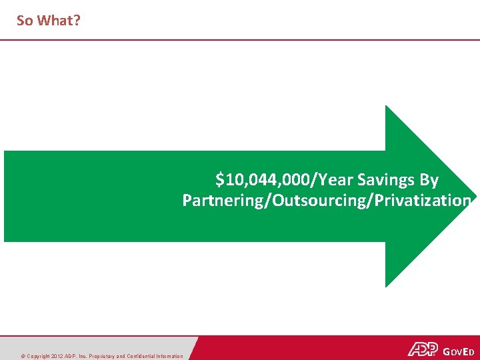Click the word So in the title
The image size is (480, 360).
tap(25, 21)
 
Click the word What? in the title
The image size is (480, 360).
tap(59, 21)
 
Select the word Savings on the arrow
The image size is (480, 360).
tap(387, 180)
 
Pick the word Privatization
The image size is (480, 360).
tap(423, 201)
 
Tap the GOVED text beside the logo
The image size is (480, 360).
tap(458, 350)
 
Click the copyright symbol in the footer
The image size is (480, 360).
tap(23, 356)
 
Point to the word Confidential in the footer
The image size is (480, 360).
tap(138, 356)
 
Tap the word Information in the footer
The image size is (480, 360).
tap(169, 356)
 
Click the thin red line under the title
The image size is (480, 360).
tap(240, 40)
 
